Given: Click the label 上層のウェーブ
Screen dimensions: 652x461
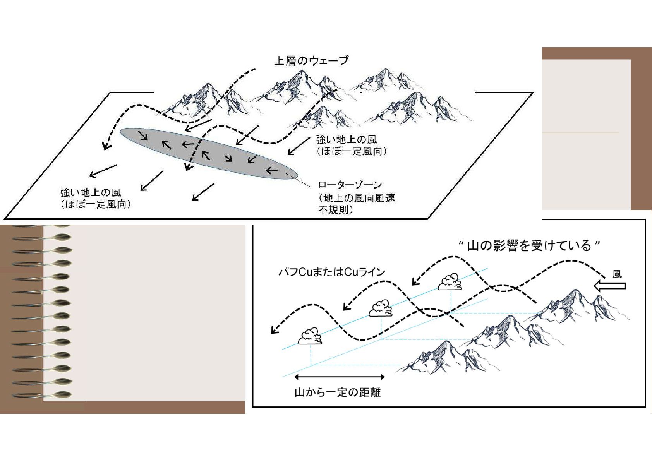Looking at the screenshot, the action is (311, 61).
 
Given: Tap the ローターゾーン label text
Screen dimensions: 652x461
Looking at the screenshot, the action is (350, 185).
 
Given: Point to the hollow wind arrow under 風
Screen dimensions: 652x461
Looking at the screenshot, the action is (610, 286).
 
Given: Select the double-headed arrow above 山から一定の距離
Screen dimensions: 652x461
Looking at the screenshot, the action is (340, 377).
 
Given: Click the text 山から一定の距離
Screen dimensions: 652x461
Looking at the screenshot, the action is (338, 392).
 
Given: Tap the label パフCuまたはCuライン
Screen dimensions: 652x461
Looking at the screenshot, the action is (332, 272).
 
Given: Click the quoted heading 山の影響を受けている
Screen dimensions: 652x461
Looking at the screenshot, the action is (529, 246).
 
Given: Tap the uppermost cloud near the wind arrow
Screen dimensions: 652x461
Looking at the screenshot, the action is (450, 282).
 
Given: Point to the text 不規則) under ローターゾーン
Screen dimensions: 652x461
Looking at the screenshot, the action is (335, 210).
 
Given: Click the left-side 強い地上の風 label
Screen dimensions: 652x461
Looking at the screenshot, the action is (91, 192).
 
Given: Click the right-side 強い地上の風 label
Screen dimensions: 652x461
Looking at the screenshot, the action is (346, 140).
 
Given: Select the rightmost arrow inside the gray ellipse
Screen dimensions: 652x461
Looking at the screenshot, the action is (272, 170).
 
